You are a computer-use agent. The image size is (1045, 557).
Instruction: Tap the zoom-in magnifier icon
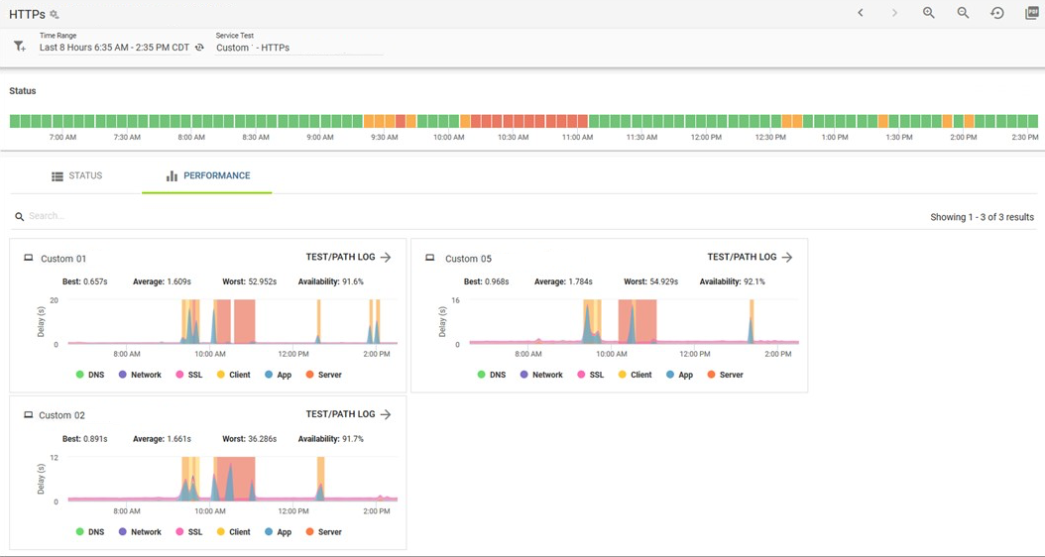[928, 13]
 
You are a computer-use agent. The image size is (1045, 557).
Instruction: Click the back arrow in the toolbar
[861, 13]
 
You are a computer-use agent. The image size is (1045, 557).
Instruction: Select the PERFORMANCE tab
[208, 175]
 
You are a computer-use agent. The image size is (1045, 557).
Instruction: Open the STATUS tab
[77, 175]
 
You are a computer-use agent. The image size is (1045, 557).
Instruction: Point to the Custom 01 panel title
[63, 259]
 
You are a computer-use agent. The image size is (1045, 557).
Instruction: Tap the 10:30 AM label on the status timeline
[514, 137]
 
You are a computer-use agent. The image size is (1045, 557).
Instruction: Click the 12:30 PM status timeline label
[770, 137]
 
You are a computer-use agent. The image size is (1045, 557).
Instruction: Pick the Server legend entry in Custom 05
[725, 375]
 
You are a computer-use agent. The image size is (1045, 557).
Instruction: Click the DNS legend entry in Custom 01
[90, 375]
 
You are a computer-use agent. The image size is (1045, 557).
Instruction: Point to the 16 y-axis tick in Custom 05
[456, 300]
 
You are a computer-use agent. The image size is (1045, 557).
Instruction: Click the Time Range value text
[115, 48]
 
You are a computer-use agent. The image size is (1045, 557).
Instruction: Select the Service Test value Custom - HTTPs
[253, 48]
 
